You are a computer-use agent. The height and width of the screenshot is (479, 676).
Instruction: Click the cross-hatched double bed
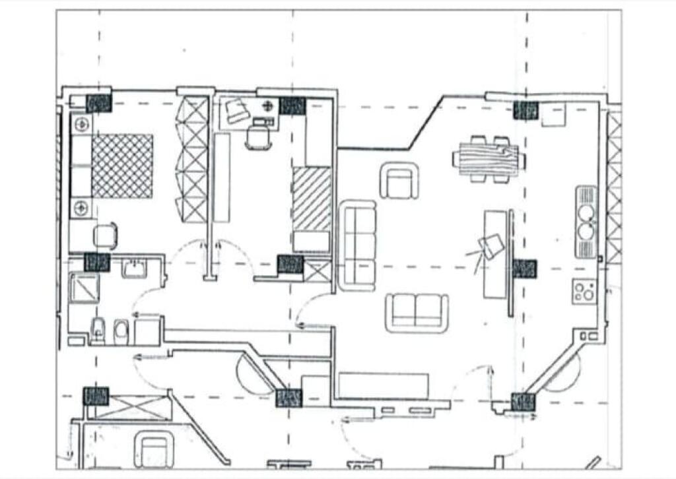[x=122, y=166]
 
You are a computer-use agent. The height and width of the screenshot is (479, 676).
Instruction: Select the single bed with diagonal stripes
[x=312, y=199]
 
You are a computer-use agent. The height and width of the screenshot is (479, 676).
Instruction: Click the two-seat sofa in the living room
[x=417, y=313]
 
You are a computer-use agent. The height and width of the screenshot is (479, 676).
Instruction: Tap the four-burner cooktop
[x=584, y=291]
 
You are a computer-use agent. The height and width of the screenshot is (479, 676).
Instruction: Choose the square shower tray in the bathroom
[x=84, y=288]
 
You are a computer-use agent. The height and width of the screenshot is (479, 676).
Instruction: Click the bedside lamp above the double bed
[x=82, y=123]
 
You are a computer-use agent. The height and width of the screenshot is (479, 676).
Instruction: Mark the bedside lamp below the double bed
[x=82, y=208]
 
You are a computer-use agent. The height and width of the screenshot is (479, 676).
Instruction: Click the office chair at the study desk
[x=257, y=137]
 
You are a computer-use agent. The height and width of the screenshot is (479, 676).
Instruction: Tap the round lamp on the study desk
[x=268, y=106]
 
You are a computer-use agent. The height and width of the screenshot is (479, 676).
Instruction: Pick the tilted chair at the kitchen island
[x=492, y=247]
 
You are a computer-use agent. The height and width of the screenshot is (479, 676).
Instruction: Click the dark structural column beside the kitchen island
[x=525, y=269]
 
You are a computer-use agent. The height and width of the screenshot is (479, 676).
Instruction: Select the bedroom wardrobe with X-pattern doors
[x=195, y=159]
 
